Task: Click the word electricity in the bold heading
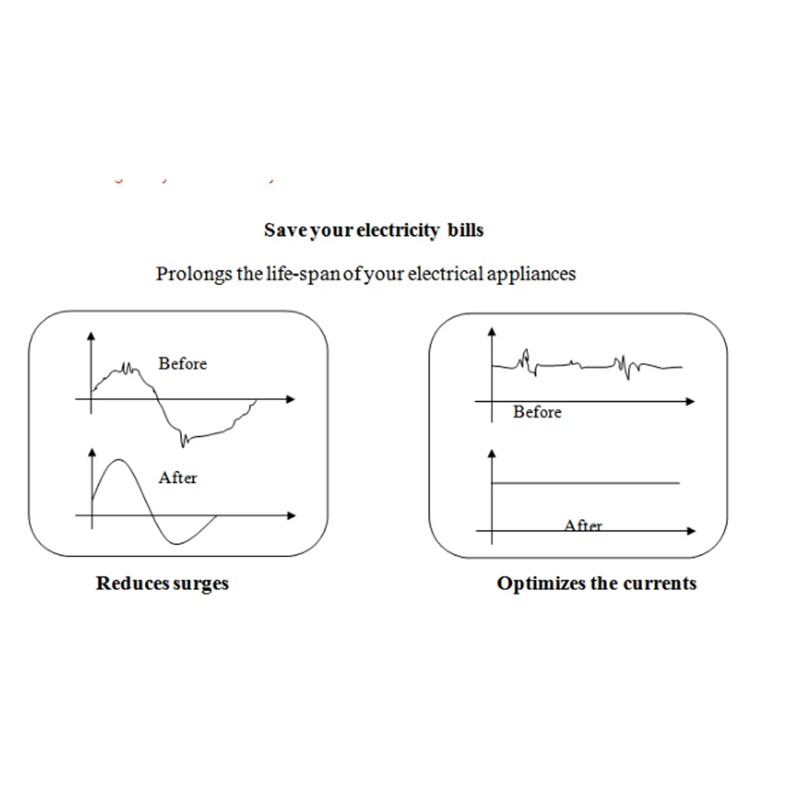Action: click(397, 230)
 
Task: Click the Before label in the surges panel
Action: click(183, 364)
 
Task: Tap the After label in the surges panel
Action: click(178, 478)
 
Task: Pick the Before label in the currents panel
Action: click(537, 412)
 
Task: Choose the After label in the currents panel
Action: click(584, 526)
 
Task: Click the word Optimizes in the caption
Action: click(541, 584)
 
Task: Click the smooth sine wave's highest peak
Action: click(119, 460)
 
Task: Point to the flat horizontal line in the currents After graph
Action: click(586, 483)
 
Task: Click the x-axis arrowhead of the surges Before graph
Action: click(291, 398)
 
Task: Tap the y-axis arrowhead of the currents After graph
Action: click(492, 454)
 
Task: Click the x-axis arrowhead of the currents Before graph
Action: click(690, 401)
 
